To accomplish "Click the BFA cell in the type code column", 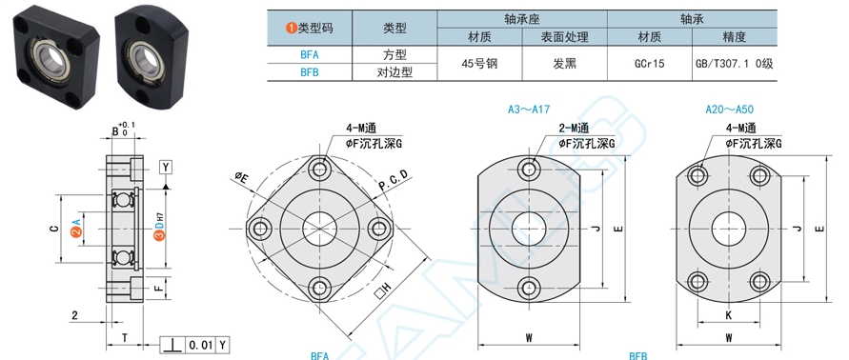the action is point(310,54).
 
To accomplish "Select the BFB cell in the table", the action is point(310,72).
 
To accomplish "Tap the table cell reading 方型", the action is point(394,54).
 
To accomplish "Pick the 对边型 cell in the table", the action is point(394,72).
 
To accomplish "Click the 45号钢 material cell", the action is point(479,64).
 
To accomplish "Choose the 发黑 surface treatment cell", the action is point(564,64).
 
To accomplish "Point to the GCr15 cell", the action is point(649,64).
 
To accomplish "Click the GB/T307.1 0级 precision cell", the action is point(735,64).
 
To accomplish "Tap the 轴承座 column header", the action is point(522,19).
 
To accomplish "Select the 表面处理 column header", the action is point(564,37).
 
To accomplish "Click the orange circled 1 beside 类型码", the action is point(292,29).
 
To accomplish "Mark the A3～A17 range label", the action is point(529,110).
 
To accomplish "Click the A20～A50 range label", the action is point(729,110).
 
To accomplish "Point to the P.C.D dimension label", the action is point(393,180).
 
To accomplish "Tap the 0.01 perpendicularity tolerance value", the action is point(200,345).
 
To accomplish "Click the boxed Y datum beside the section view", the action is point(166,168).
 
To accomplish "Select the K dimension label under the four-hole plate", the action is point(728,314).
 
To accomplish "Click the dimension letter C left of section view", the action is point(53,229).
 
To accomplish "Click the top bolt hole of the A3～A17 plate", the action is point(529,170).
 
